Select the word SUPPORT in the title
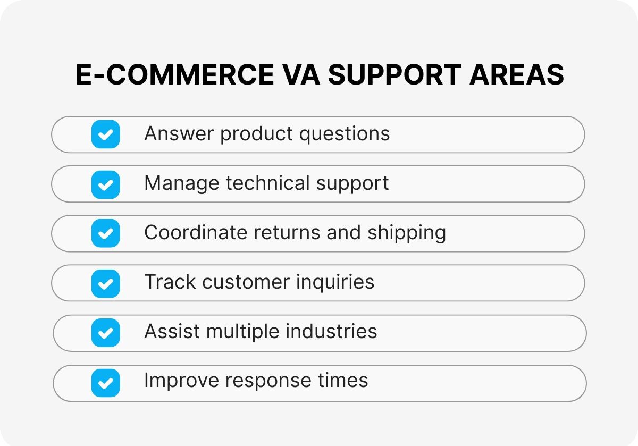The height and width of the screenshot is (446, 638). point(394,74)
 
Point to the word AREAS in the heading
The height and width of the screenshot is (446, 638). point(517,74)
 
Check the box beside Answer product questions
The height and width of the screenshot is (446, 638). point(105,134)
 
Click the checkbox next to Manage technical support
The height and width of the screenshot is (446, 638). point(105,184)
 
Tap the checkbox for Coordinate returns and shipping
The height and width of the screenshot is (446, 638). point(105,233)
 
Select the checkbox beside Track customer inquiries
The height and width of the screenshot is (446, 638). point(105,283)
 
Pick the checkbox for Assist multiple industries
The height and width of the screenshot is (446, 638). point(105,333)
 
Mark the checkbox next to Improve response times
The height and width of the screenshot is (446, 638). point(105,382)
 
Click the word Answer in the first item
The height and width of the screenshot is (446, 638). point(179,133)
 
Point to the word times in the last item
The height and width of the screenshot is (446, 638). point(346,381)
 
